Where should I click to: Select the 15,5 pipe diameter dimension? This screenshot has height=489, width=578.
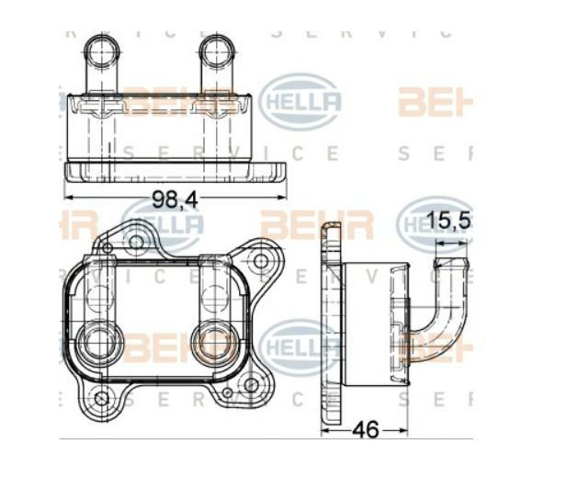coord(450,222)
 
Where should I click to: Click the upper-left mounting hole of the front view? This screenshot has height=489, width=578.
coord(136,243)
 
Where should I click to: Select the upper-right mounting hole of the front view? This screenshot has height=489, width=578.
coord(261,261)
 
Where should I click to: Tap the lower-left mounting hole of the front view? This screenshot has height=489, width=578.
coord(102,398)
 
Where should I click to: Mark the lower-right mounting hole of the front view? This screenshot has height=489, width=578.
coord(251,384)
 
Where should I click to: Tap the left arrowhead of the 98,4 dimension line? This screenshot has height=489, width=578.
coord(69,197)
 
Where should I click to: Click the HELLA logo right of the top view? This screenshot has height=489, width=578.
coord(300,100)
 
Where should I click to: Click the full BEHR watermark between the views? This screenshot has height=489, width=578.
coord(316,224)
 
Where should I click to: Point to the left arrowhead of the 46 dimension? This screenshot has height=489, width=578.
coord(324,430)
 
